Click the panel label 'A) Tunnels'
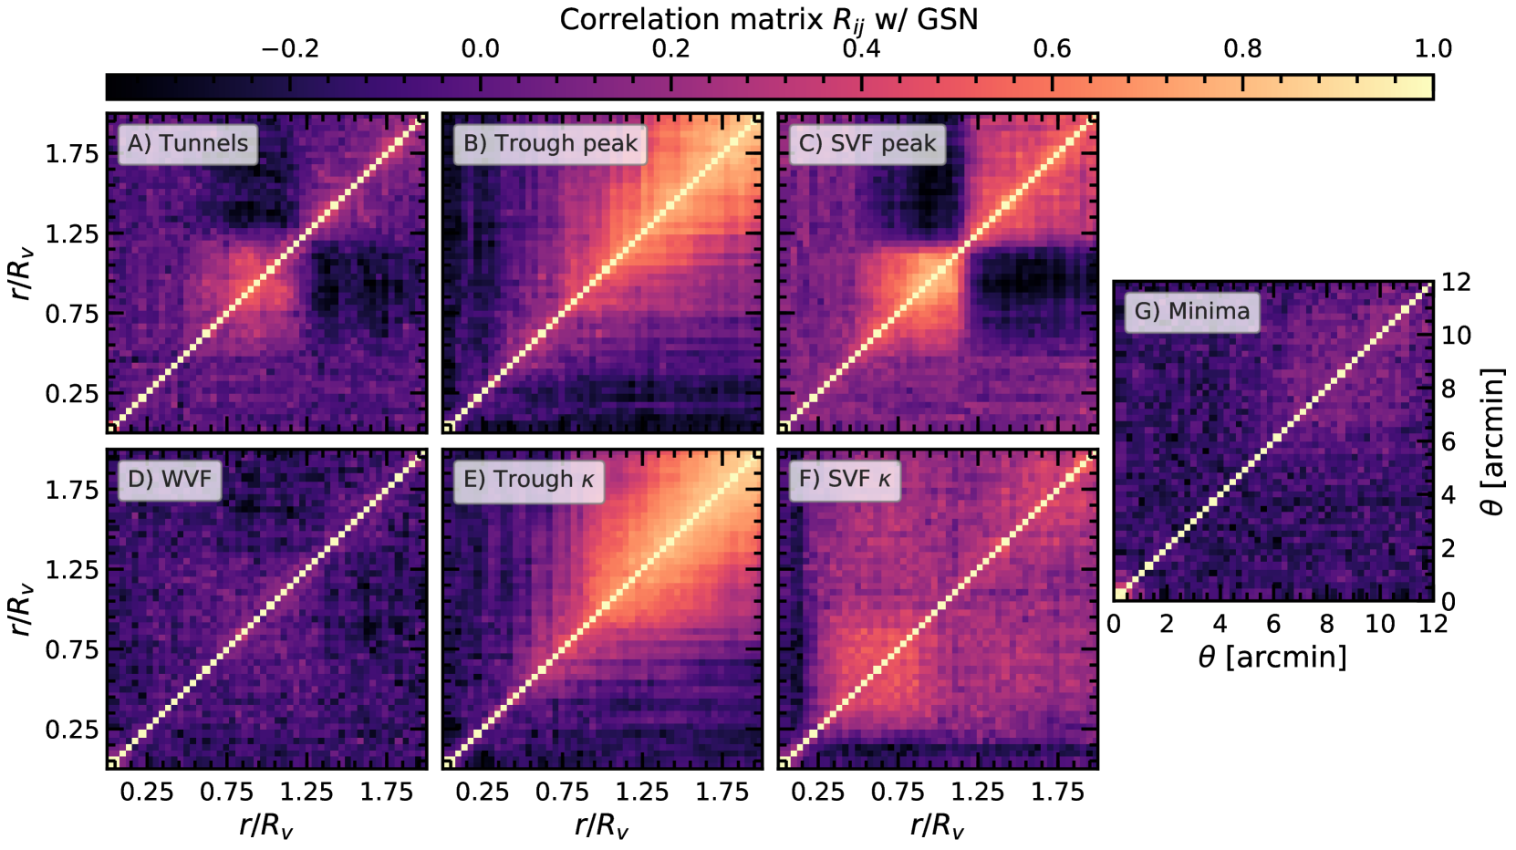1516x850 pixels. coord(188,143)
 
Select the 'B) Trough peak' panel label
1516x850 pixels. coord(550,143)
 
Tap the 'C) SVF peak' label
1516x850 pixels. coord(867,143)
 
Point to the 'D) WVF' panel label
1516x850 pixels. coord(170,479)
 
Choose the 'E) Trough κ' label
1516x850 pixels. coord(529,479)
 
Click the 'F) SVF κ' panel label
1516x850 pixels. coord(845,479)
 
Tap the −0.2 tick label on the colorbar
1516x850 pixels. coord(289,49)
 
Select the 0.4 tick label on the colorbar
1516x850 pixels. coord(861,49)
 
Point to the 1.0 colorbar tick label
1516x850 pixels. coord(1433,49)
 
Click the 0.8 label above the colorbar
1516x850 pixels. coord(1242,49)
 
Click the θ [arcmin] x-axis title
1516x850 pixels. coord(1272,657)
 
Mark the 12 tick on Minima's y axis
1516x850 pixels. coord(1456,283)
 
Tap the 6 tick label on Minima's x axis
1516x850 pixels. coord(1273,624)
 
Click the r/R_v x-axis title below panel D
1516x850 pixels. coord(266,826)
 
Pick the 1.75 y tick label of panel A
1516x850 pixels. coord(72,154)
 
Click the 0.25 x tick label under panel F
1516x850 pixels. coord(817,792)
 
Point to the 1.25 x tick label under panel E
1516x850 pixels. coord(642,792)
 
